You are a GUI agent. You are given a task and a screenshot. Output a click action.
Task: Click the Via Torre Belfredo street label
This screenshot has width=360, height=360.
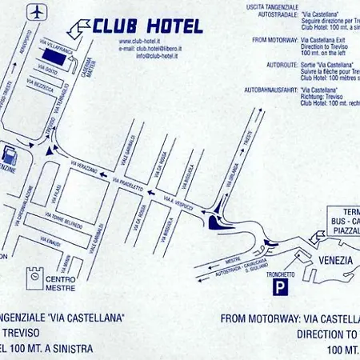coord(64,221)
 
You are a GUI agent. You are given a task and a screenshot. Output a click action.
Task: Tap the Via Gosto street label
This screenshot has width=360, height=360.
coord(50,71)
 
